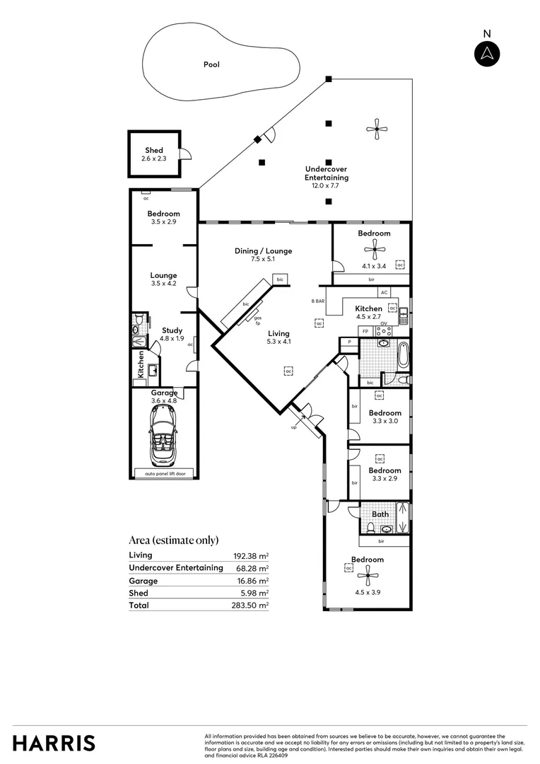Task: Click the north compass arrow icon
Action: point(486,54)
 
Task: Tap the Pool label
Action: point(211,64)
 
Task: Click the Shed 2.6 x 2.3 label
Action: point(154,154)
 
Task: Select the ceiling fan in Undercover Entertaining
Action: point(376,128)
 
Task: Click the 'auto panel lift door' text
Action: point(164,473)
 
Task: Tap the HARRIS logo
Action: point(54,743)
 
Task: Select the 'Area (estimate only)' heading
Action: point(174,540)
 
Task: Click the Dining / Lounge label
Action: point(263,255)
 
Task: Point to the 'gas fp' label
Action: point(258,319)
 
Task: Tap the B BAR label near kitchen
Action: point(318,301)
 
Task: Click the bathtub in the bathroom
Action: point(403,354)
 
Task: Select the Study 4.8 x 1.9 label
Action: point(172,334)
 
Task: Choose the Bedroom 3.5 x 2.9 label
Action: point(163,217)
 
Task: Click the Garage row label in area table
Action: point(143,581)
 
